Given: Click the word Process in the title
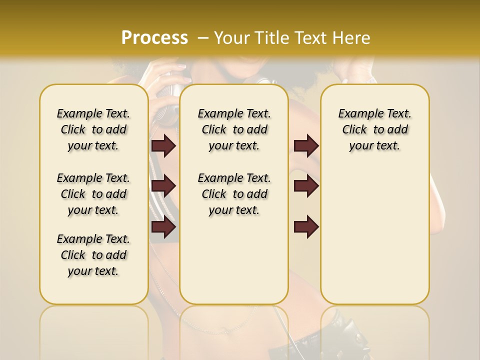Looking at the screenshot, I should point(154,37).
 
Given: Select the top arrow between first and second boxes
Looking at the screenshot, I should point(163,145).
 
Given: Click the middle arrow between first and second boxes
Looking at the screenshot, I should point(163,186).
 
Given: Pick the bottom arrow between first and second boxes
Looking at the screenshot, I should point(163,227).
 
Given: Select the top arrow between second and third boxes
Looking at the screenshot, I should point(306,145).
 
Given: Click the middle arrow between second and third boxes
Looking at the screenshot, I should point(306,186).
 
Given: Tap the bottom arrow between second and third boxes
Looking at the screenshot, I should point(306,227).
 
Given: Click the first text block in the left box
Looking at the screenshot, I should point(93,129).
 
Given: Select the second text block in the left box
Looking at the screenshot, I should point(93,194).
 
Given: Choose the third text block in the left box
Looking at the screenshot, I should point(93,255).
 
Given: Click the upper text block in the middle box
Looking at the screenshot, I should point(234,129).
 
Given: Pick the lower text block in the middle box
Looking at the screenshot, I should point(234,194).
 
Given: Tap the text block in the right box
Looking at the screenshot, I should point(374,129).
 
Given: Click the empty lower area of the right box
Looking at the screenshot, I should point(374,240).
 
